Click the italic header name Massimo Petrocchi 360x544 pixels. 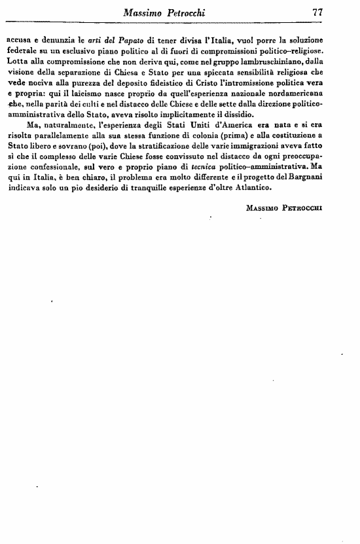pos(179,12)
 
